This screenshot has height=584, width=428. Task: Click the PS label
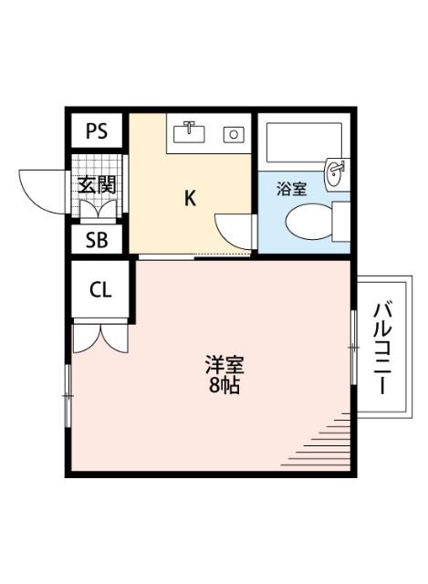[97, 131]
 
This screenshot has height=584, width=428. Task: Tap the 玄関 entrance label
[97, 184]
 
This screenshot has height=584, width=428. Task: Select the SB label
[97, 241]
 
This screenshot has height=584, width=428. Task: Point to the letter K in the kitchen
[190, 198]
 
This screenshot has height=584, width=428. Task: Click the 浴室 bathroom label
[292, 190]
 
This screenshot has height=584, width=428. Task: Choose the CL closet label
[99, 291]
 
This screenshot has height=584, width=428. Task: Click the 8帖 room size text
[224, 386]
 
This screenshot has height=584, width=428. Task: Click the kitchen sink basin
[192, 133]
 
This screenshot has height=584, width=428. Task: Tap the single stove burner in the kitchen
[234, 135]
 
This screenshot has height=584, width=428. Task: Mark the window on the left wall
[68, 394]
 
